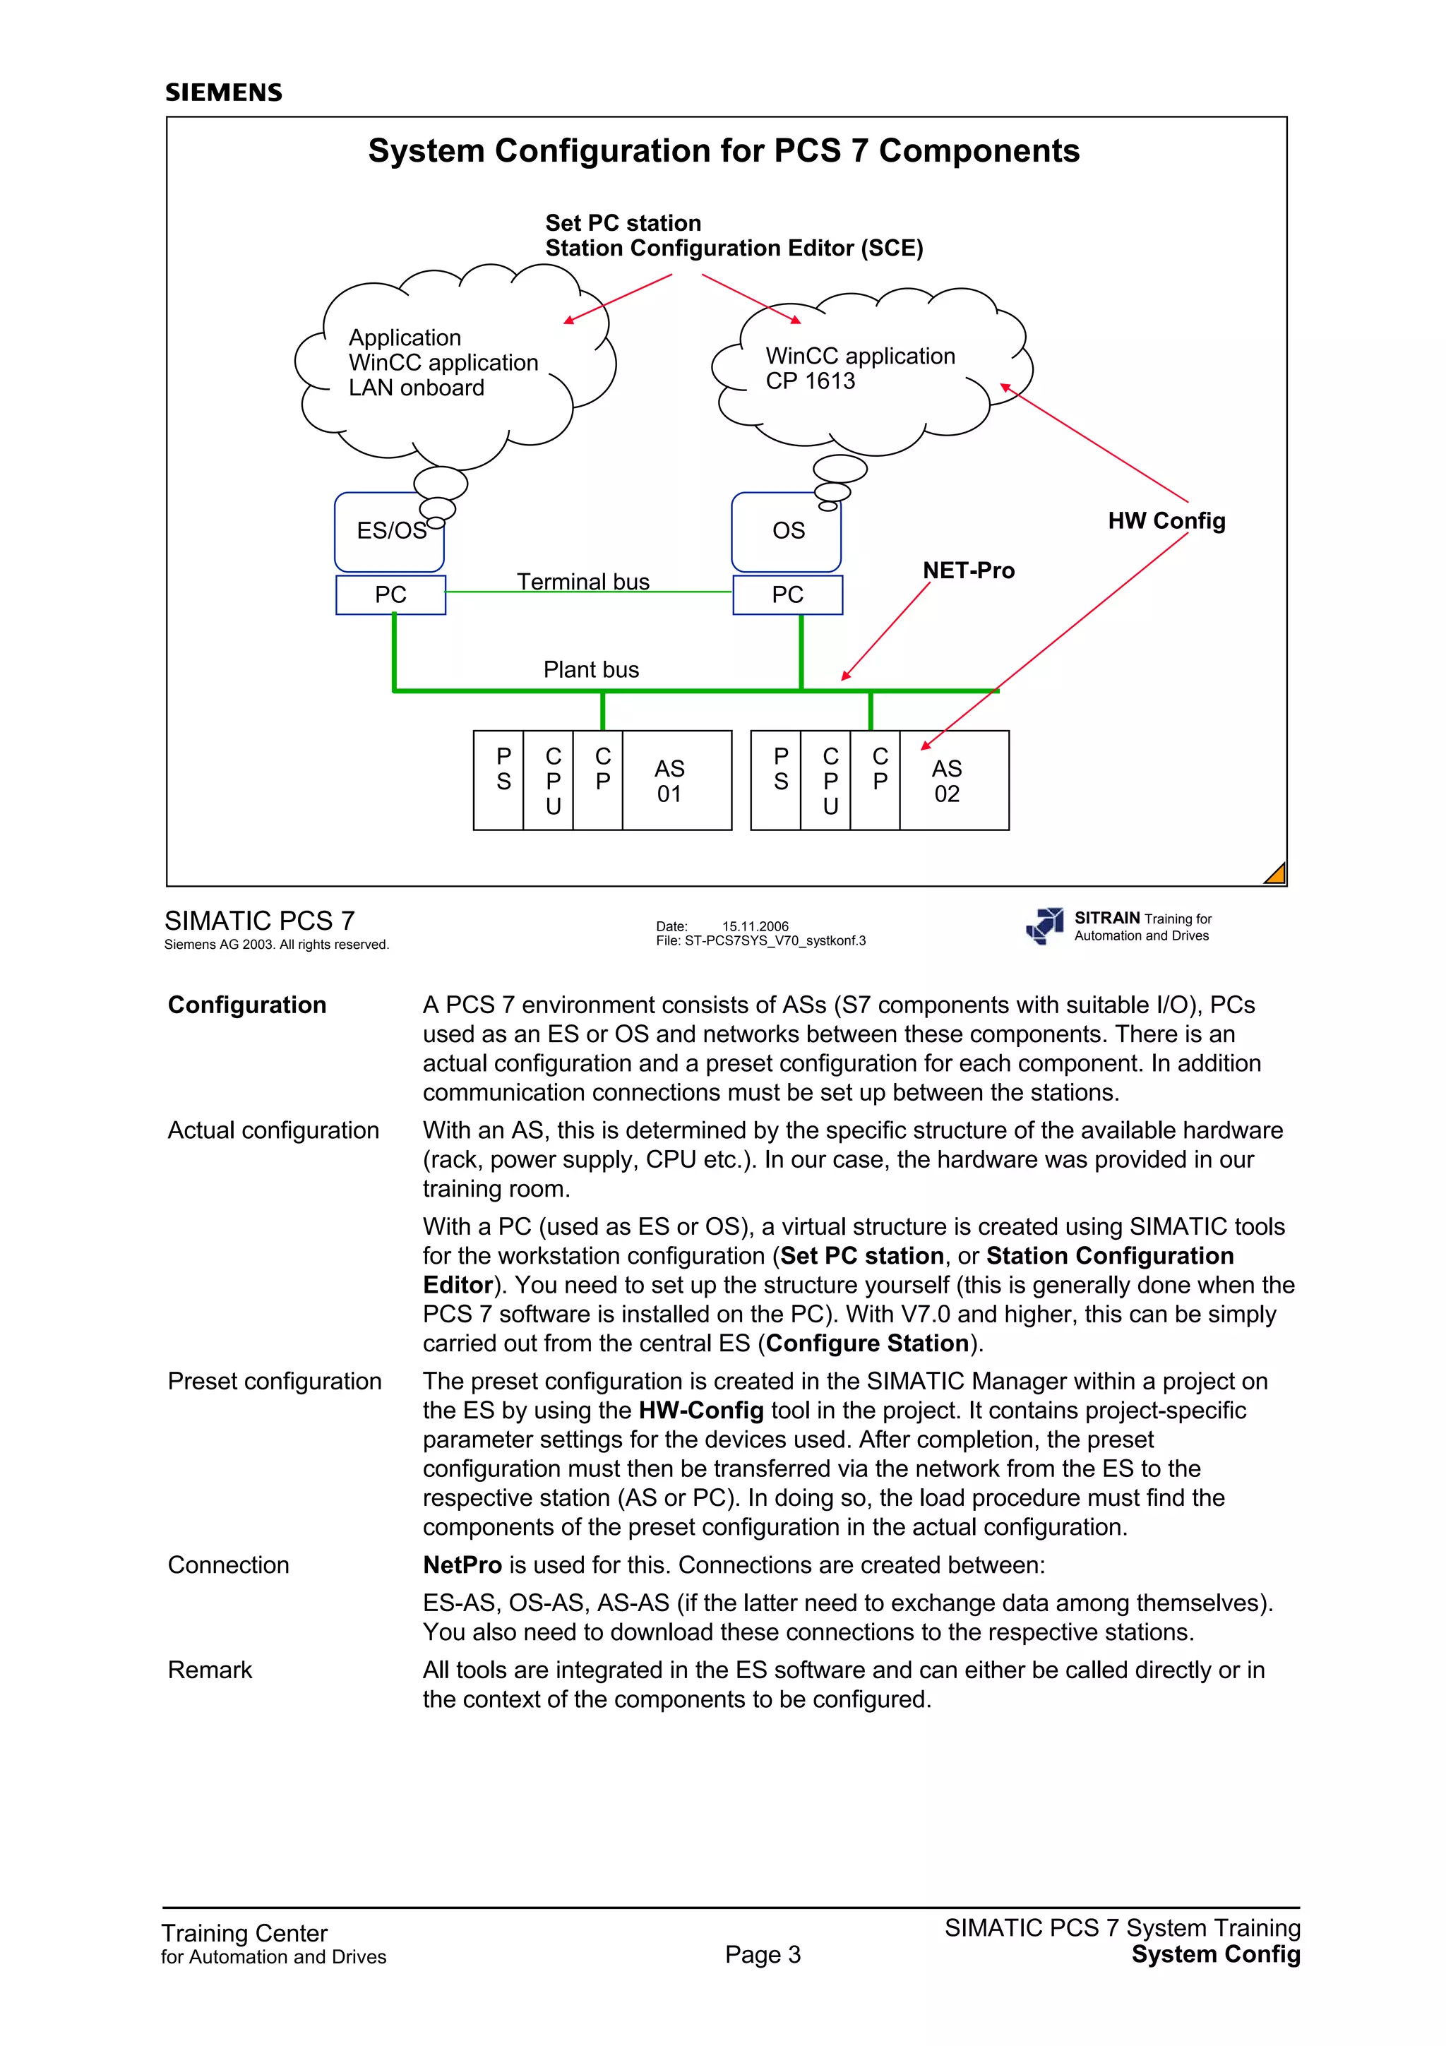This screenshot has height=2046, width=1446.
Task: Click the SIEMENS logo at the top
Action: [x=224, y=92]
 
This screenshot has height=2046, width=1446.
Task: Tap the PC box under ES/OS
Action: [x=390, y=595]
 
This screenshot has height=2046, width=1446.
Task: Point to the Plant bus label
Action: [x=591, y=670]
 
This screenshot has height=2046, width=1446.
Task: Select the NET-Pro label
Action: [x=969, y=570]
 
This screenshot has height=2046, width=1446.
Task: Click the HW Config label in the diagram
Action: [x=1166, y=521]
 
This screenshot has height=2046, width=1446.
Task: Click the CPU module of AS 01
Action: [x=554, y=781]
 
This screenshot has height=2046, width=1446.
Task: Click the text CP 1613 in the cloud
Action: [x=810, y=381]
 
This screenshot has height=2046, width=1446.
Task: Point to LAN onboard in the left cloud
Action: [x=416, y=388]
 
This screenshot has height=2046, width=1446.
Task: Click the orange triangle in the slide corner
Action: [x=1277, y=875]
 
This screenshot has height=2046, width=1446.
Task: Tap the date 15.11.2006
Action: [x=755, y=926]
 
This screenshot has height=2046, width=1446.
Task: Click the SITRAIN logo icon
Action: [x=1045, y=926]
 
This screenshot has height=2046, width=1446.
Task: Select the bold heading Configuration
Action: [x=247, y=1005]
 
